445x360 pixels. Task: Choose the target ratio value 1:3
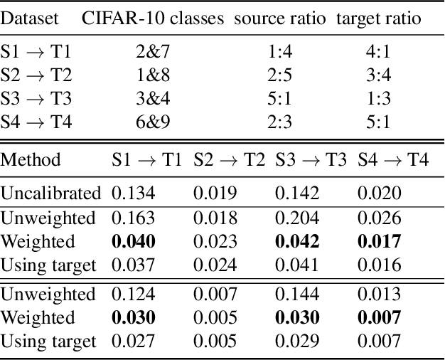pyautogui.click(x=377, y=98)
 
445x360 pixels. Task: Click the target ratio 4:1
pyautogui.click(x=377, y=51)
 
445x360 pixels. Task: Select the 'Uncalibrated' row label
pyautogui.click(x=51, y=193)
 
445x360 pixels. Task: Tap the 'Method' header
pyautogui.click(x=31, y=159)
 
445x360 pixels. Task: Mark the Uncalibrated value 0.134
pyautogui.click(x=133, y=193)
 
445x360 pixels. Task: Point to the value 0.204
pyautogui.click(x=297, y=218)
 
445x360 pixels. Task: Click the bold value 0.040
pyautogui.click(x=134, y=241)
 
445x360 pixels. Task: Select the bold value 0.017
pyautogui.click(x=380, y=241)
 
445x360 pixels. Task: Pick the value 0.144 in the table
pyautogui.click(x=297, y=294)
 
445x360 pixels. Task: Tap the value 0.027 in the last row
pyautogui.click(x=133, y=341)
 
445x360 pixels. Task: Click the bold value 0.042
pyautogui.click(x=298, y=241)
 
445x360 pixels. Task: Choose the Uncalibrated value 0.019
pyautogui.click(x=215, y=193)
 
